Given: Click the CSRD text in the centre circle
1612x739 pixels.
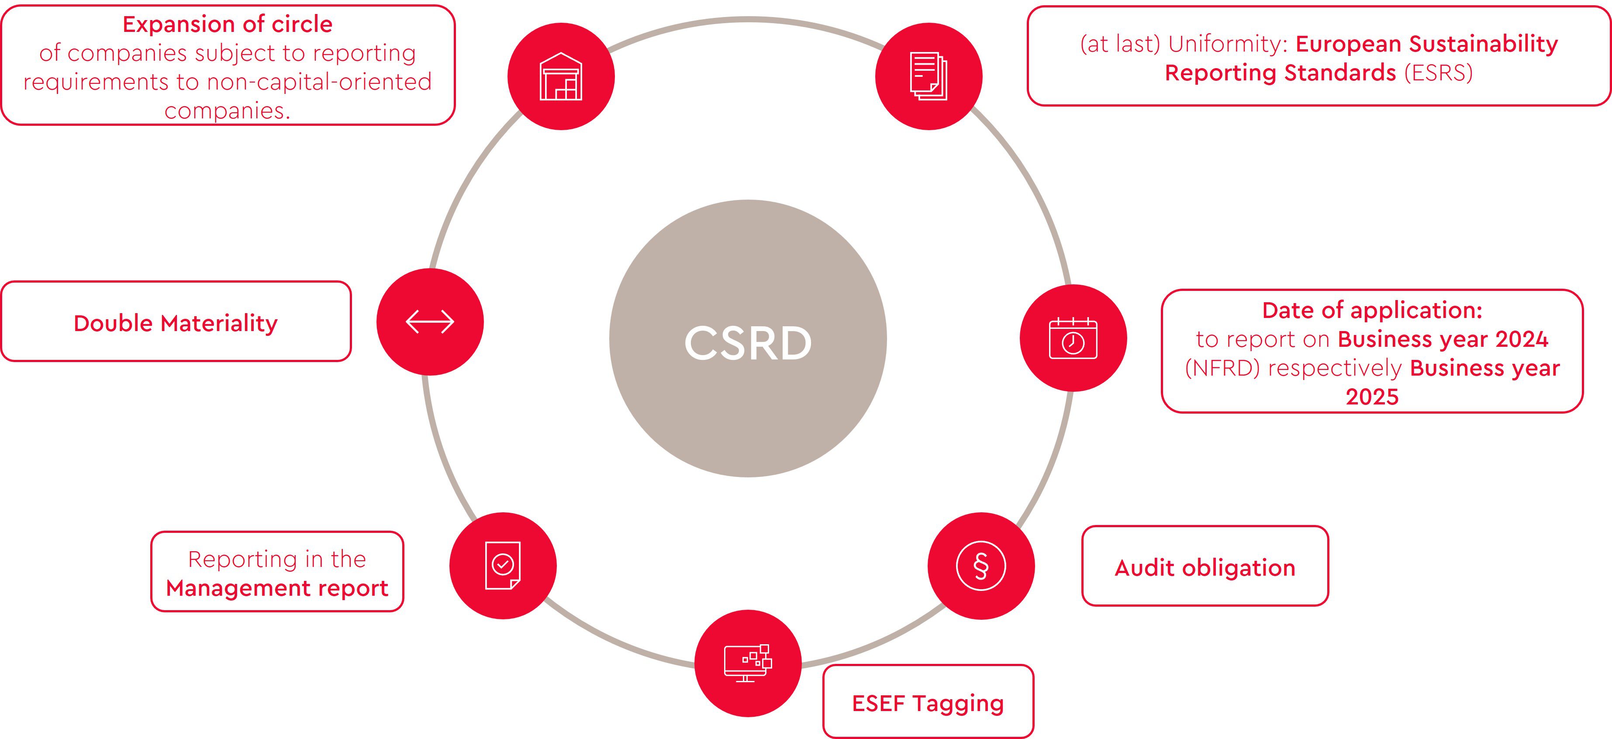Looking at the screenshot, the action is pos(748,343).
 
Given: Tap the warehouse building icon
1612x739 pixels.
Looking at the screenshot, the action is pos(561,76).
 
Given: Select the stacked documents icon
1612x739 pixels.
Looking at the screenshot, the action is pos(929,76).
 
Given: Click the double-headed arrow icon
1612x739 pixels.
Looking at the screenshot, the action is pos(430,321).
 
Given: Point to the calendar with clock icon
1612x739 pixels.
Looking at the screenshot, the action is pos(1073,338).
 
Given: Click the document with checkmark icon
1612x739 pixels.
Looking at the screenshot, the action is pos(503,566).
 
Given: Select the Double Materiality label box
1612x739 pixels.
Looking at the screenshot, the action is pos(176,321).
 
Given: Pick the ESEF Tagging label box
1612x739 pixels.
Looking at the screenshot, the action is pos(928,701).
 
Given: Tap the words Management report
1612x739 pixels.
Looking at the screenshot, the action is pos(277,588).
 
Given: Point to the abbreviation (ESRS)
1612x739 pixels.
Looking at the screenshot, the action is pos(1439,73).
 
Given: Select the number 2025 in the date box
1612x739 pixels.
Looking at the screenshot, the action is pos(1372,397).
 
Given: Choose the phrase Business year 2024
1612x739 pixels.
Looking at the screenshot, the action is pos(1443,339).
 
